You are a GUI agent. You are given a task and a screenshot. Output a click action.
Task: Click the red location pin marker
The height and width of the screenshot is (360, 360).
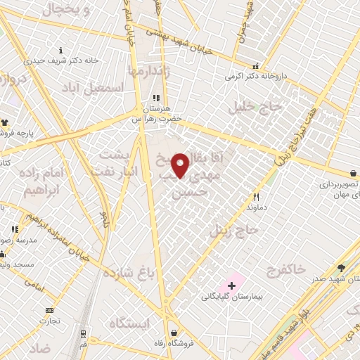(x=181, y=165)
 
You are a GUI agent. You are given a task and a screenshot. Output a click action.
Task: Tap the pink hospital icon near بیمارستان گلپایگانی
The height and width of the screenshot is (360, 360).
(x=230, y=285)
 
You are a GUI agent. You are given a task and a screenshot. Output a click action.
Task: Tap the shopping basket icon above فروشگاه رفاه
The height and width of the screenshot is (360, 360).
(x=173, y=333)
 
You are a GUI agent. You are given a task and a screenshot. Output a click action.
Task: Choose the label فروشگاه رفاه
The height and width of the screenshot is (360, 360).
(x=174, y=345)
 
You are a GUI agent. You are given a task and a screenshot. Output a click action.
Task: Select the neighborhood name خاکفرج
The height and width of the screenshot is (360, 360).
(x=286, y=269)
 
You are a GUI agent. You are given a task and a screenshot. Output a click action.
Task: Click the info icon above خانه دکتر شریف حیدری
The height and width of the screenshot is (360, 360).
(x=61, y=50)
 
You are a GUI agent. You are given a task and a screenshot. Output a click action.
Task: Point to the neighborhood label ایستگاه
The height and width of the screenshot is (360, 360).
(x=130, y=323)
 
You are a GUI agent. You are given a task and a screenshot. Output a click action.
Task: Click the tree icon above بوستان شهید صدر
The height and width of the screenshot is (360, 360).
(x=341, y=267)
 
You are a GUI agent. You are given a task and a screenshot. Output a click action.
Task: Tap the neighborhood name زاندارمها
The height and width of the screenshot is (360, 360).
(x=149, y=71)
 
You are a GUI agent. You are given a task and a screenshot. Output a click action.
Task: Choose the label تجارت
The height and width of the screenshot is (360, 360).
(x=49, y=321)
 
